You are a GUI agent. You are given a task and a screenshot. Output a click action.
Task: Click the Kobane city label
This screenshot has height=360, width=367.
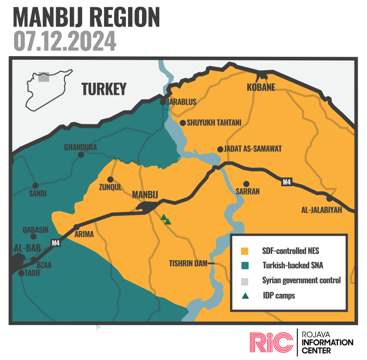(x=261, y=87)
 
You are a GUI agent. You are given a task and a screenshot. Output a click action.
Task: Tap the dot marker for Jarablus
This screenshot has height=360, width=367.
(x=163, y=102)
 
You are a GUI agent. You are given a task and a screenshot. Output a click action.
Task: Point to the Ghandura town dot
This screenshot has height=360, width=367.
(x=81, y=155)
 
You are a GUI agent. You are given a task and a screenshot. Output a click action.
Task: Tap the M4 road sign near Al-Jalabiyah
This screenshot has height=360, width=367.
(x=286, y=182)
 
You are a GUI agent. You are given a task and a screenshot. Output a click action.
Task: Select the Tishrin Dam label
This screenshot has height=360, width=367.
(x=188, y=263)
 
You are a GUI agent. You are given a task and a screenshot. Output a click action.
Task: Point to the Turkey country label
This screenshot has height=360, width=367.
(x=104, y=89)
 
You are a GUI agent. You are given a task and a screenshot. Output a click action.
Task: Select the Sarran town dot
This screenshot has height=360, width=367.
(x=247, y=184)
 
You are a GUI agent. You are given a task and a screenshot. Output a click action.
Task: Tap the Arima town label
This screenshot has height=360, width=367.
(x=84, y=235)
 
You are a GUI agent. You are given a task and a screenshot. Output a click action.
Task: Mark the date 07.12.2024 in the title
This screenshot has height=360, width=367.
(x=65, y=41)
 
